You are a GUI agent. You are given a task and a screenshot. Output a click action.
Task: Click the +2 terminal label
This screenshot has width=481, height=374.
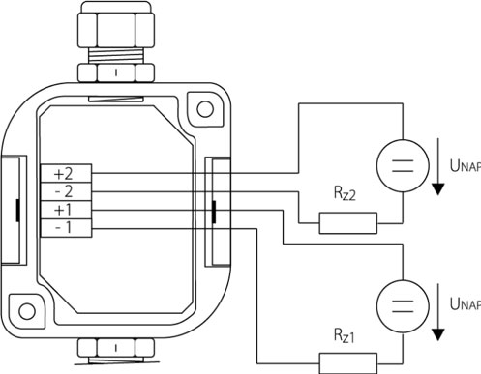pos(63,174)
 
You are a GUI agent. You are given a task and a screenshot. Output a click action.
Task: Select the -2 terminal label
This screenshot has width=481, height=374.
pos(64,192)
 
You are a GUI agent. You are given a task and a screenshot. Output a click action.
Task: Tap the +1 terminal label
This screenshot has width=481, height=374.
pos(63,210)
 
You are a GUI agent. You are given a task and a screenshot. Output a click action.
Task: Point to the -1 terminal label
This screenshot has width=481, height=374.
pos(64,228)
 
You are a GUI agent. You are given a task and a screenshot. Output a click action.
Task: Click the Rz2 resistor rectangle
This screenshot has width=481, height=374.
pos(348,223)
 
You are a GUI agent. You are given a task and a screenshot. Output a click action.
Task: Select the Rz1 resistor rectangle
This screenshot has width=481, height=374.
pos(348,363)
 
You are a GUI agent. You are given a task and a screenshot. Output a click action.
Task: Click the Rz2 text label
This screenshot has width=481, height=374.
pos(345,193)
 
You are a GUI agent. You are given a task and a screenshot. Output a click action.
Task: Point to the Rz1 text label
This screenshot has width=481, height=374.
pos(344,335)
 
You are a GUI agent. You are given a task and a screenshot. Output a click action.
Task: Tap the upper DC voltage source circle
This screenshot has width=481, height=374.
pos(403,166)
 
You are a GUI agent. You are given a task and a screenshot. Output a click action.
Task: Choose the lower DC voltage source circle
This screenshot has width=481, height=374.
pos(403,306)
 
